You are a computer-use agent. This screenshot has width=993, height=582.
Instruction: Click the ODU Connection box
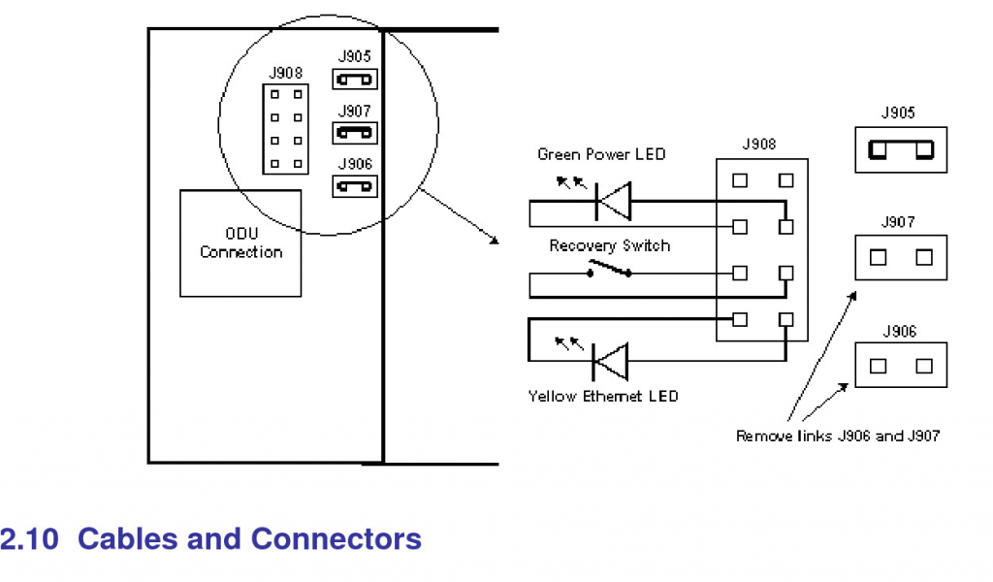click(240, 242)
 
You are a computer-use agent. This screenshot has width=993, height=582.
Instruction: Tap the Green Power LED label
click(601, 155)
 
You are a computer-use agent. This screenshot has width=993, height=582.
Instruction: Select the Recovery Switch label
click(609, 246)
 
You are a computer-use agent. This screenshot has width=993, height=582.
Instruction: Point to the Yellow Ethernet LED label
click(603, 396)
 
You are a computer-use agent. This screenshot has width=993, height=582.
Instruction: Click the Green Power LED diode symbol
click(612, 203)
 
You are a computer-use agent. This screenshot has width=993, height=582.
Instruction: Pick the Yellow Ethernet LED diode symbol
click(610, 363)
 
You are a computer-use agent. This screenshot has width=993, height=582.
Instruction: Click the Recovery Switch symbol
click(608, 271)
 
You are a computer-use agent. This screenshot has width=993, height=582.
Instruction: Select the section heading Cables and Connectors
click(249, 539)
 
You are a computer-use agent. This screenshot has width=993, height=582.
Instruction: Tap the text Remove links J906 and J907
click(837, 436)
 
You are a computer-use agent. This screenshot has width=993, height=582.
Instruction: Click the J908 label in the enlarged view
click(758, 145)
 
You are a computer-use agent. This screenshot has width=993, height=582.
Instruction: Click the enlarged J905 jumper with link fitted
click(901, 149)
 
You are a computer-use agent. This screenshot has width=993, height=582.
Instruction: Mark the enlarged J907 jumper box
click(901, 257)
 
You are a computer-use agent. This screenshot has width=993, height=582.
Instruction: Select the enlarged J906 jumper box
click(901, 366)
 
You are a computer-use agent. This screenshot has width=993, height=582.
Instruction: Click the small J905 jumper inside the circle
click(355, 80)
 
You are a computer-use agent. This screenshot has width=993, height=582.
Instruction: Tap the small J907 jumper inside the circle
click(355, 132)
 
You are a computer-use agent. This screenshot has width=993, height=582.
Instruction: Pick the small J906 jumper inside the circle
click(355, 185)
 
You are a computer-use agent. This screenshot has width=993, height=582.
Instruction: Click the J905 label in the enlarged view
click(898, 113)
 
